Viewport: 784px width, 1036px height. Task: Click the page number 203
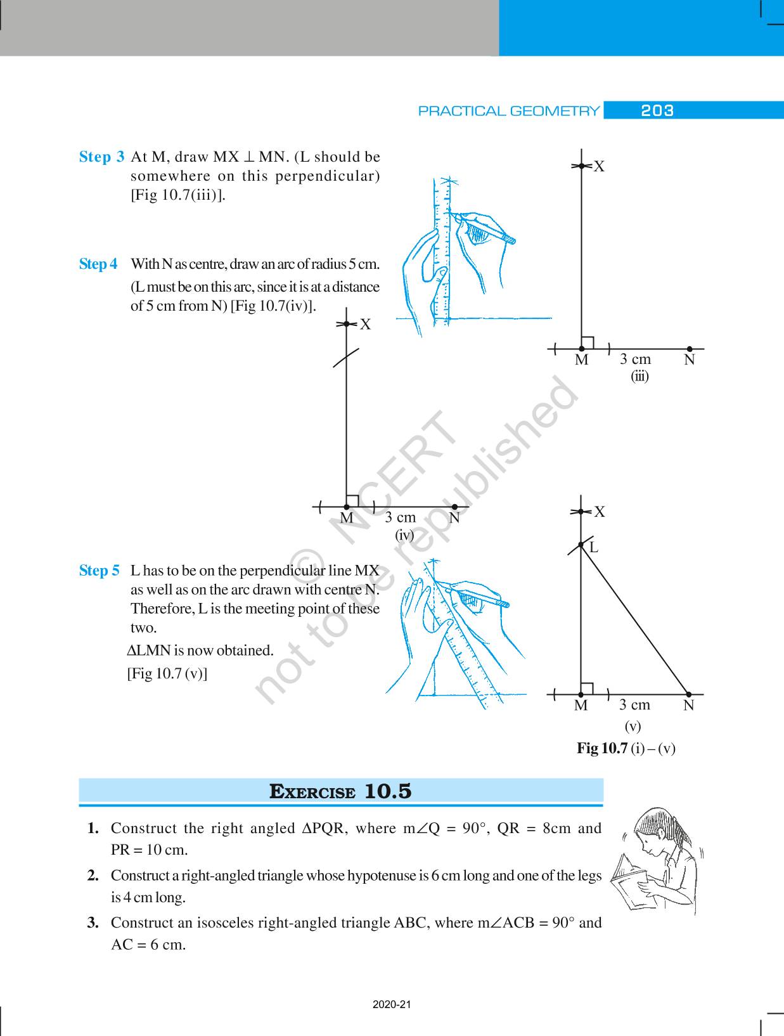click(657, 111)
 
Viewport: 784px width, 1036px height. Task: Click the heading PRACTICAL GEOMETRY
click(508, 111)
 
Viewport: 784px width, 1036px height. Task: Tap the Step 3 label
click(101, 157)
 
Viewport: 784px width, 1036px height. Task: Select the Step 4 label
click(98, 264)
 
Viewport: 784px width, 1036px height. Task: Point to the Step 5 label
click(99, 571)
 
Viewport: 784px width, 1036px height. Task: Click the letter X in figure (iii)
click(599, 167)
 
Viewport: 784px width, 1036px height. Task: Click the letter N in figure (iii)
click(690, 360)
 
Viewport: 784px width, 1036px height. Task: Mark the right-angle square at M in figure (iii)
click(588, 343)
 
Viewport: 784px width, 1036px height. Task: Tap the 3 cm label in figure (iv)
click(400, 517)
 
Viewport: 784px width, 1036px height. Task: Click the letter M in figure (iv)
click(346, 518)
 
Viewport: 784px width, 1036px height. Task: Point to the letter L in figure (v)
click(594, 547)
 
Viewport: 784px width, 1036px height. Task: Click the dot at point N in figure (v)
click(689, 695)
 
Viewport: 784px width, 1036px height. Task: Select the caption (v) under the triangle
click(633, 726)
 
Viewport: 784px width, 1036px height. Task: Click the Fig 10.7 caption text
click(626, 748)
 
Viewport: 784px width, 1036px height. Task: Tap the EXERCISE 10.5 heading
click(340, 791)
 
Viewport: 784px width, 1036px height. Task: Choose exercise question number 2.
click(93, 876)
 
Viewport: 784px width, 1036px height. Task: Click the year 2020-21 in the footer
click(392, 1005)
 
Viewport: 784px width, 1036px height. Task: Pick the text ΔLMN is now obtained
click(200, 651)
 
